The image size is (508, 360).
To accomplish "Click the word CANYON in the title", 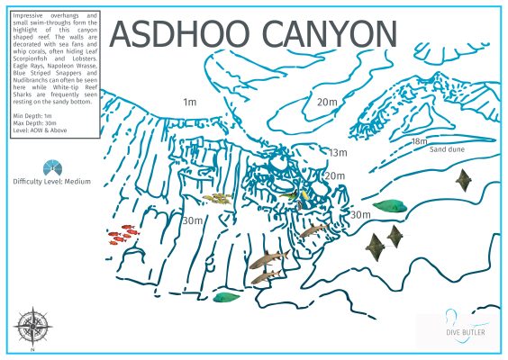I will coord(325,34).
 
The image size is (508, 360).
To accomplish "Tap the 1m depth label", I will coord(189,103).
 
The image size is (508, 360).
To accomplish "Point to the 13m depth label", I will coord(338,153).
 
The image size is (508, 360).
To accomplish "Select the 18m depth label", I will coord(419,141).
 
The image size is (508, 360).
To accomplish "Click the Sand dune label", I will coord(448,149).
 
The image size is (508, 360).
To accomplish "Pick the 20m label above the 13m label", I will coord(326,103).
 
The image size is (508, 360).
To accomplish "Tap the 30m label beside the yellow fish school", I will coord(192,220).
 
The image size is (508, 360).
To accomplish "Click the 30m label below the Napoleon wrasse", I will coord(359,215).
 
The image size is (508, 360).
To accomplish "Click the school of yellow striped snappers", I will coord(217,198).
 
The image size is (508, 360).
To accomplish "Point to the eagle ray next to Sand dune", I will coord(465,180).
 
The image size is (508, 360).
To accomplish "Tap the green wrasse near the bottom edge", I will coord(226,296).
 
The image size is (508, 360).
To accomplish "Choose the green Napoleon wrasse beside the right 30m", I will coord(389,205).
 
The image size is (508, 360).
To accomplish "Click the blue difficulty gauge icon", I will coord(53,167).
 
